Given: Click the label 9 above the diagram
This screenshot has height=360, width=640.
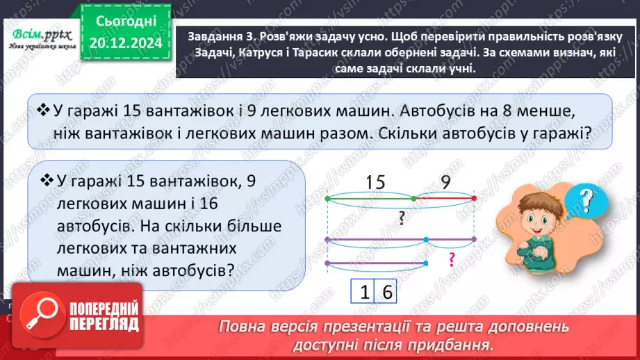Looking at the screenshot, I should click(x=445, y=182).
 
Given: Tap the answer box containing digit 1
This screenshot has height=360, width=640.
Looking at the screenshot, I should click(x=363, y=293).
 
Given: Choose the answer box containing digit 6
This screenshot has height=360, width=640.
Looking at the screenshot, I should click(x=386, y=293).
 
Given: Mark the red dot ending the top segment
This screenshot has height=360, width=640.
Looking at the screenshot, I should click(x=474, y=198).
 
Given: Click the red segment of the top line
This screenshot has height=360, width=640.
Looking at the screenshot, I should click(x=445, y=198).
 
